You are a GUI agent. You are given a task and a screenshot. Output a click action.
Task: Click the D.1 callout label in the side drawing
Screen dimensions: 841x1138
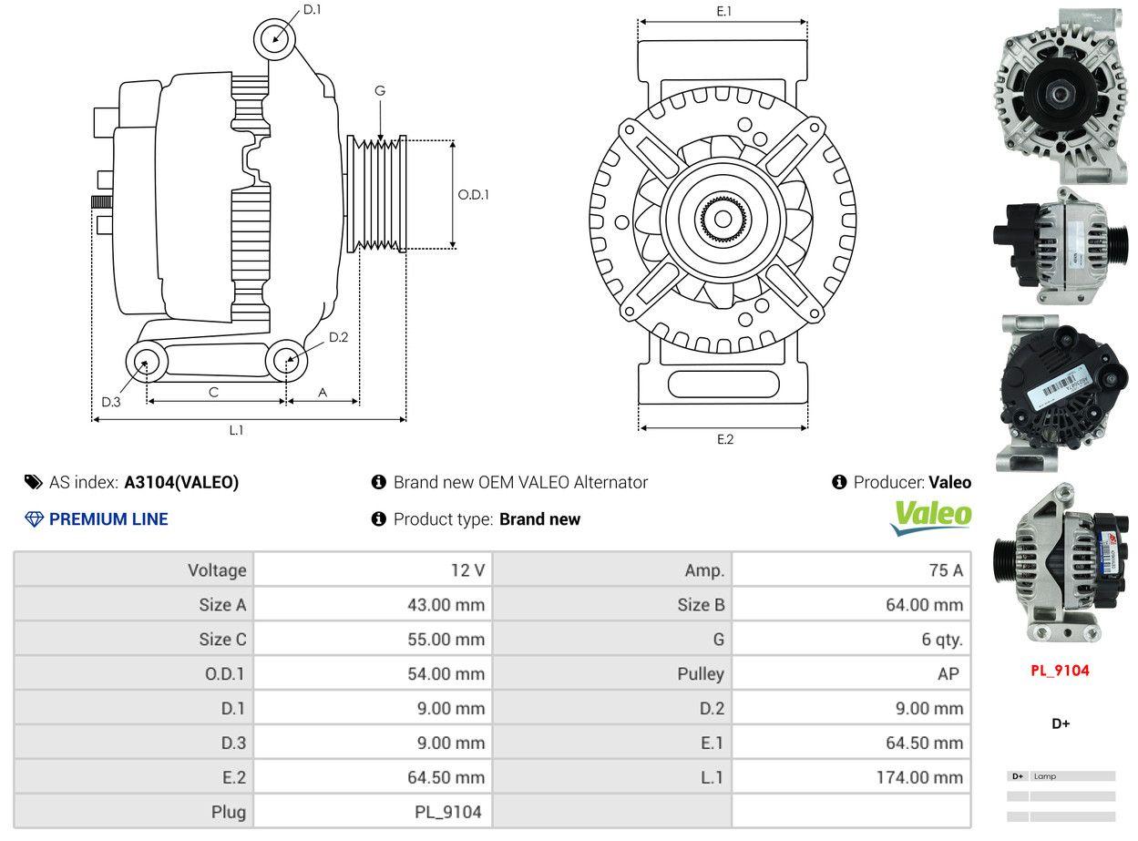click(x=312, y=9)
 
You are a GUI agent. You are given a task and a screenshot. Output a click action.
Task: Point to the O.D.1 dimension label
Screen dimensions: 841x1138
click(x=473, y=194)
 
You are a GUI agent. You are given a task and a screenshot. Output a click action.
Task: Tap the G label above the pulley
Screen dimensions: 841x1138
click(x=380, y=90)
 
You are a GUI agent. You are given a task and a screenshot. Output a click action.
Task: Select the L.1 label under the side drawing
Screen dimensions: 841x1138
click(x=236, y=430)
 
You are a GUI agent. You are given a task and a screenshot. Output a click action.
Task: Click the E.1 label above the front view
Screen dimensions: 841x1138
click(x=724, y=11)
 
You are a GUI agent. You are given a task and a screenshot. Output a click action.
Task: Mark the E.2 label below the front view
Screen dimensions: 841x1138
click(x=724, y=439)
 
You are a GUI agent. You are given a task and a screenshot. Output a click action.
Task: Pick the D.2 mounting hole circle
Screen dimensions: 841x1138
click(x=286, y=360)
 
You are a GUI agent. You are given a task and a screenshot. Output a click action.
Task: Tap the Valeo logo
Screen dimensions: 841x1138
click(x=931, y=516)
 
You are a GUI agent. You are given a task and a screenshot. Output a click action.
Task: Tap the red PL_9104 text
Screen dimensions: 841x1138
click(x=1060, y=671)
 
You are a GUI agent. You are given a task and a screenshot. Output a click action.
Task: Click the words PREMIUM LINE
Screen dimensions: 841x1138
click(x=108, y=519)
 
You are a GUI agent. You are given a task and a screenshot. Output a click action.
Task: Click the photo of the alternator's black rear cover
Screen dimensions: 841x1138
click(x=1060, y=392)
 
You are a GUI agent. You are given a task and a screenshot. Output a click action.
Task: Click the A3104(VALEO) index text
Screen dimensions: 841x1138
click(x=181, y=483)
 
